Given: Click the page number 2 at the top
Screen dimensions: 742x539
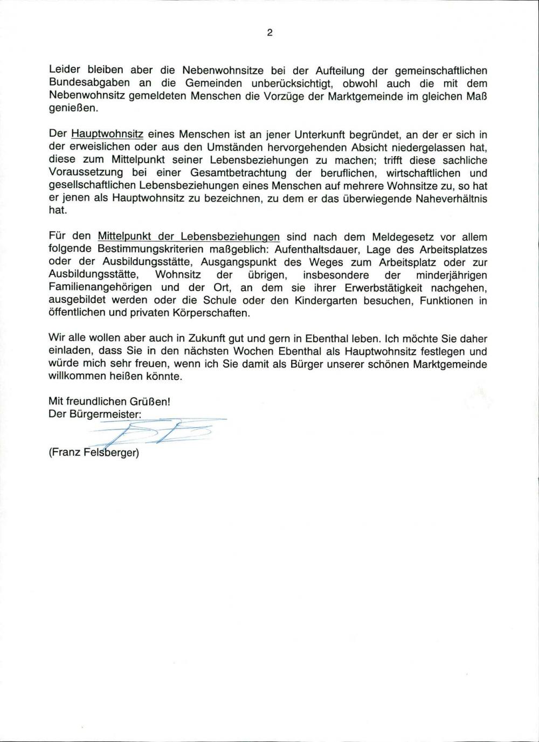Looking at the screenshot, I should [x=269, y=33].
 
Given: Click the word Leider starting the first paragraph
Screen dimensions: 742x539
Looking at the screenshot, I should [x=64, y=71].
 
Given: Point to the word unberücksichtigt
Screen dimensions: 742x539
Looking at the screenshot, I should [x=287, y=84].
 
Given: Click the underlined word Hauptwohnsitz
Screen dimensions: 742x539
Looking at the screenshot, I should [x=107, y=135].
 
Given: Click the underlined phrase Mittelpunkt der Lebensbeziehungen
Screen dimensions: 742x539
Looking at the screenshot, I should [x=189, y=237].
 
